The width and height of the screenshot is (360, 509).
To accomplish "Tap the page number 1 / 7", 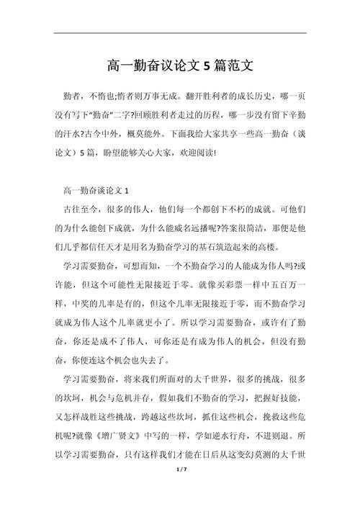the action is tap(181, 489).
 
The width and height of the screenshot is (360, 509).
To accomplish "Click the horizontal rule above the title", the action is tap(180, 33).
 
